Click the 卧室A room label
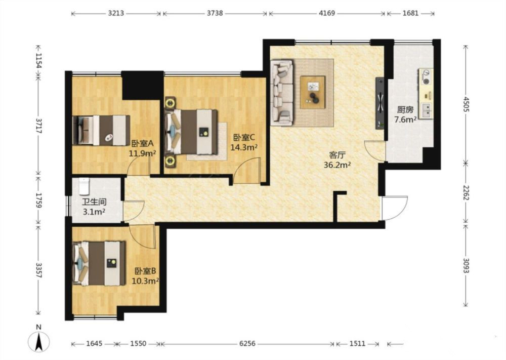[x=142, y=143]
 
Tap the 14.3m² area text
[x=244, y=147]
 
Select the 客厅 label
[x=337, y=155]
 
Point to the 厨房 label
[x=405, y=110]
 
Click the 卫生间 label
[x=94, y=202]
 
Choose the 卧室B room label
[x=145, y=271]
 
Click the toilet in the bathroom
[x=84, y=186]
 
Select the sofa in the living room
[x=282, y=92]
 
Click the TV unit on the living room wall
[x=380, y=103]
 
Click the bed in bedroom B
[x=99, y=263]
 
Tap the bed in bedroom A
[x=101, y=130]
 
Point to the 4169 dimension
[x=327, y=13]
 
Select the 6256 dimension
[x=247, y=344]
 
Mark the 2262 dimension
[x=466, y=192]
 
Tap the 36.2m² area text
[x=337, y=165]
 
